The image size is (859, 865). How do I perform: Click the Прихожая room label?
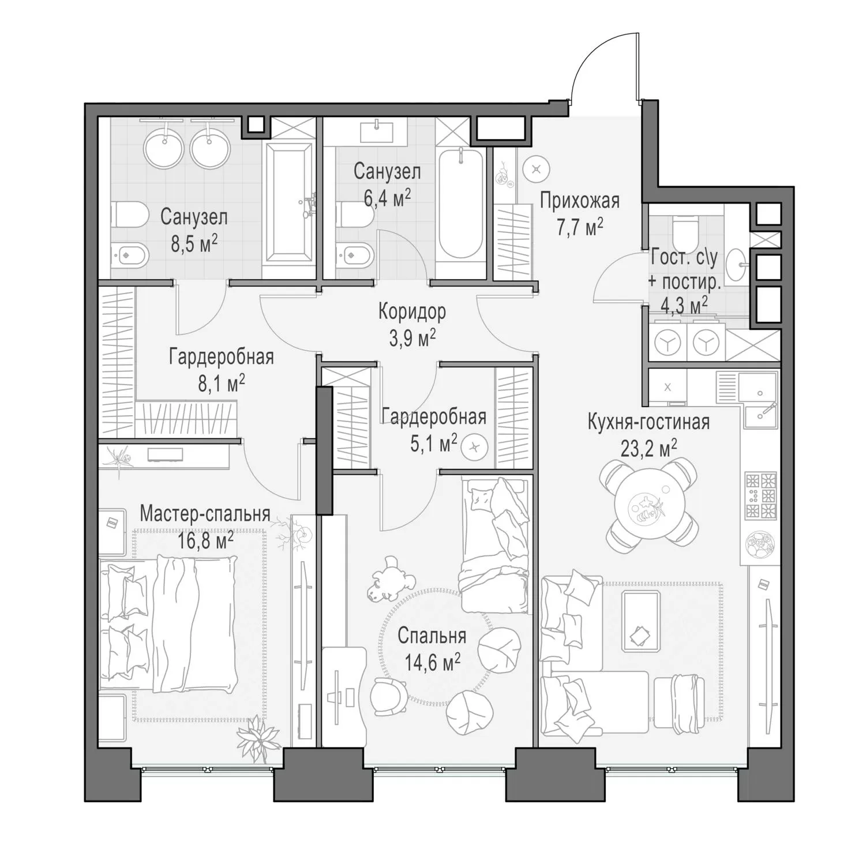click(579, 201)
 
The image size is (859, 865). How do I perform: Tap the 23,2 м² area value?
click(648, 447)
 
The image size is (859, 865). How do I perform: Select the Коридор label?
click(412, 312)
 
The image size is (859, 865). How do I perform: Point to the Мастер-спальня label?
click(205, 514)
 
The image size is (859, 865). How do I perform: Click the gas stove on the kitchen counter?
click(761, 495)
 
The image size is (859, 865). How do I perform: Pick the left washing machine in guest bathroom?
click(668, 343)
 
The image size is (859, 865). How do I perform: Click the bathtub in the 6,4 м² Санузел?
click(460, 205)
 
